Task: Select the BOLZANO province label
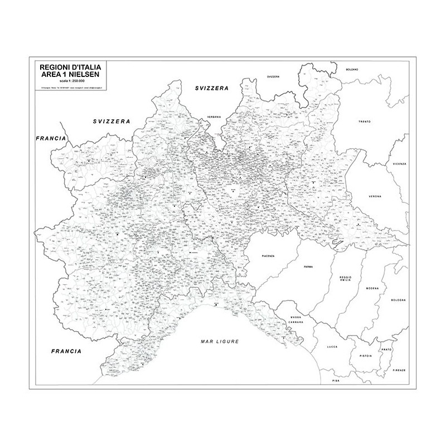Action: coord(352,69)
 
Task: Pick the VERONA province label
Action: coord(375,197)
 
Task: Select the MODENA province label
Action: coord(372,288)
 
